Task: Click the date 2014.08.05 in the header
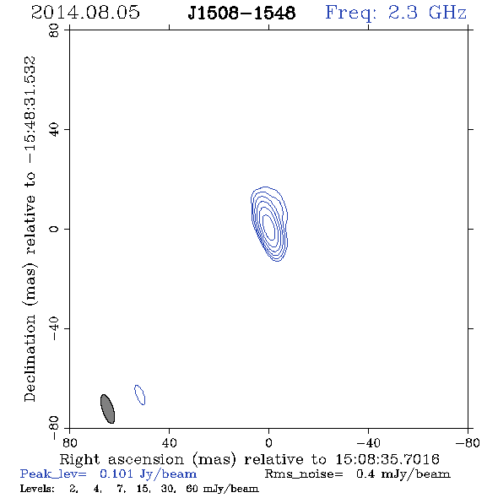pos(85,13)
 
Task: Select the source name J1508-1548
pos(241,13)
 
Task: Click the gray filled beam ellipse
pos(108,409)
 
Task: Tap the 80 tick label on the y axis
pos(54,30)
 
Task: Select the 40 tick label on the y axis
pos(54,130)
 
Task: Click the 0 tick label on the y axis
pos(54,229)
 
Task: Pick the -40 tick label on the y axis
pos(54,328)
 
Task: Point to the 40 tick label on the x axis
pos(169,443)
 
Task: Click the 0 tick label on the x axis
pos(268,443)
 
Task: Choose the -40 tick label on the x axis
pos(368,443)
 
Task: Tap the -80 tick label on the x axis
pos(468,443)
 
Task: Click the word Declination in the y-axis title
pos(30,358)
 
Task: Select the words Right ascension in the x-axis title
pos(122,459)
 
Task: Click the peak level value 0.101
pos(116,474)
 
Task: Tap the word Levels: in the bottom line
pos(37,488)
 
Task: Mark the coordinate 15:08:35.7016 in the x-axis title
pos(387,459)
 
